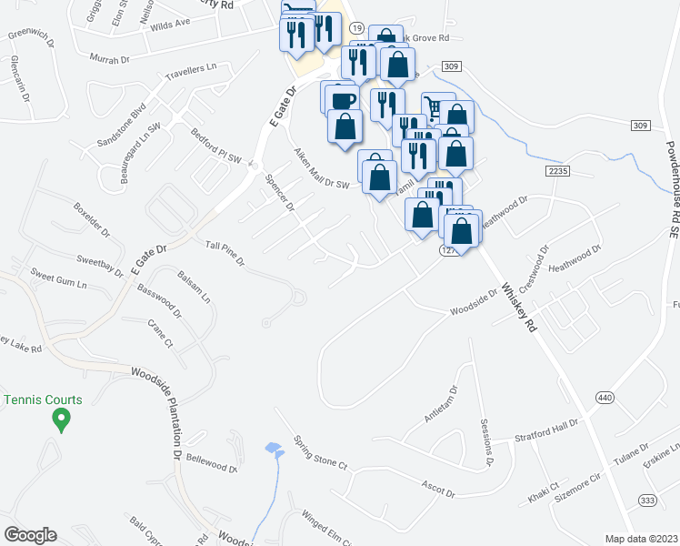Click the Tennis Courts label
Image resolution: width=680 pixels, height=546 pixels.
pos(44,399)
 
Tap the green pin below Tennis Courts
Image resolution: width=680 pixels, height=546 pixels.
pos(61,420)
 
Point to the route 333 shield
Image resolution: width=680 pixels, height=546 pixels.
pos(647,500)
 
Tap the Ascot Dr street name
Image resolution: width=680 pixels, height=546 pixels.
pos(435,489)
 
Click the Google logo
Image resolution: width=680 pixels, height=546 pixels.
pos(30,534)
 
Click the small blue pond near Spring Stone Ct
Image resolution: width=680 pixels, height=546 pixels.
pos(272,449)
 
